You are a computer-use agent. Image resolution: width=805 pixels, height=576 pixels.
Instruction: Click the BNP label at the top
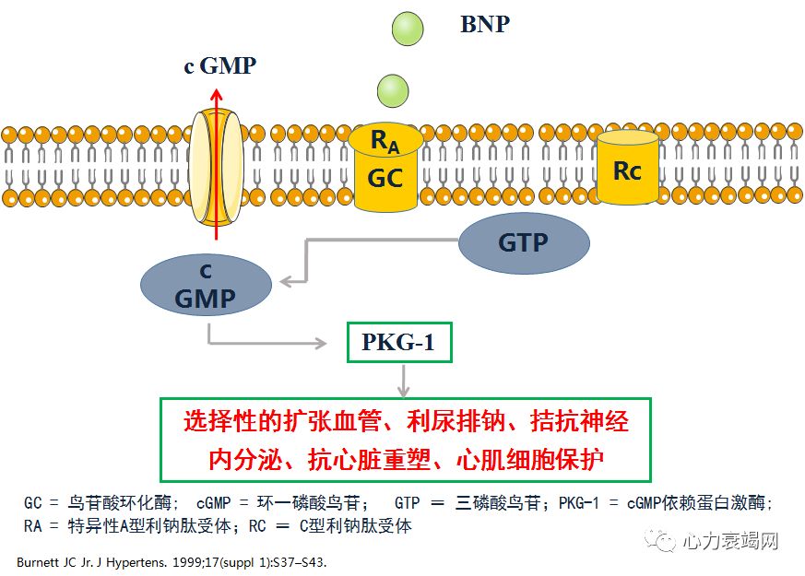click(484, 24)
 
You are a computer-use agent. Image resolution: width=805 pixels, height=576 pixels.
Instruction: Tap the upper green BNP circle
click(406, 28)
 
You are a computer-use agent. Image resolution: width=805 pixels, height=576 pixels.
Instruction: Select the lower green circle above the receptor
click(393, 89)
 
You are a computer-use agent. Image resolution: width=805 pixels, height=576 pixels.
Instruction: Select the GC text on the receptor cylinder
click(385, 177)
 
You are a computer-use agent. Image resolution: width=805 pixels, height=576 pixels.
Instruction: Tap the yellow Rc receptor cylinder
click(627, 168)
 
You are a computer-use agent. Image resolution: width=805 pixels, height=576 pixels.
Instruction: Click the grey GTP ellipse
click(523, 242)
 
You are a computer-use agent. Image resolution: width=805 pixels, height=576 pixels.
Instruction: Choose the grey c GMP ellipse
click(206, 286)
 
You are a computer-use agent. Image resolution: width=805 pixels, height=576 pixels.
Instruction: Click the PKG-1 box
click(398, 345)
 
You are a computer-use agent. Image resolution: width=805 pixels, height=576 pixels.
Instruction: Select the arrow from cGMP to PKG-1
click(267, 344)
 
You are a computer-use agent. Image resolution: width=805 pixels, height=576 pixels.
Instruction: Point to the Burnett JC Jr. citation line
click(172, 560)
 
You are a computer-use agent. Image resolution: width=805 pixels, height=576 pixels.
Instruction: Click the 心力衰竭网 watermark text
click(732, 540)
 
